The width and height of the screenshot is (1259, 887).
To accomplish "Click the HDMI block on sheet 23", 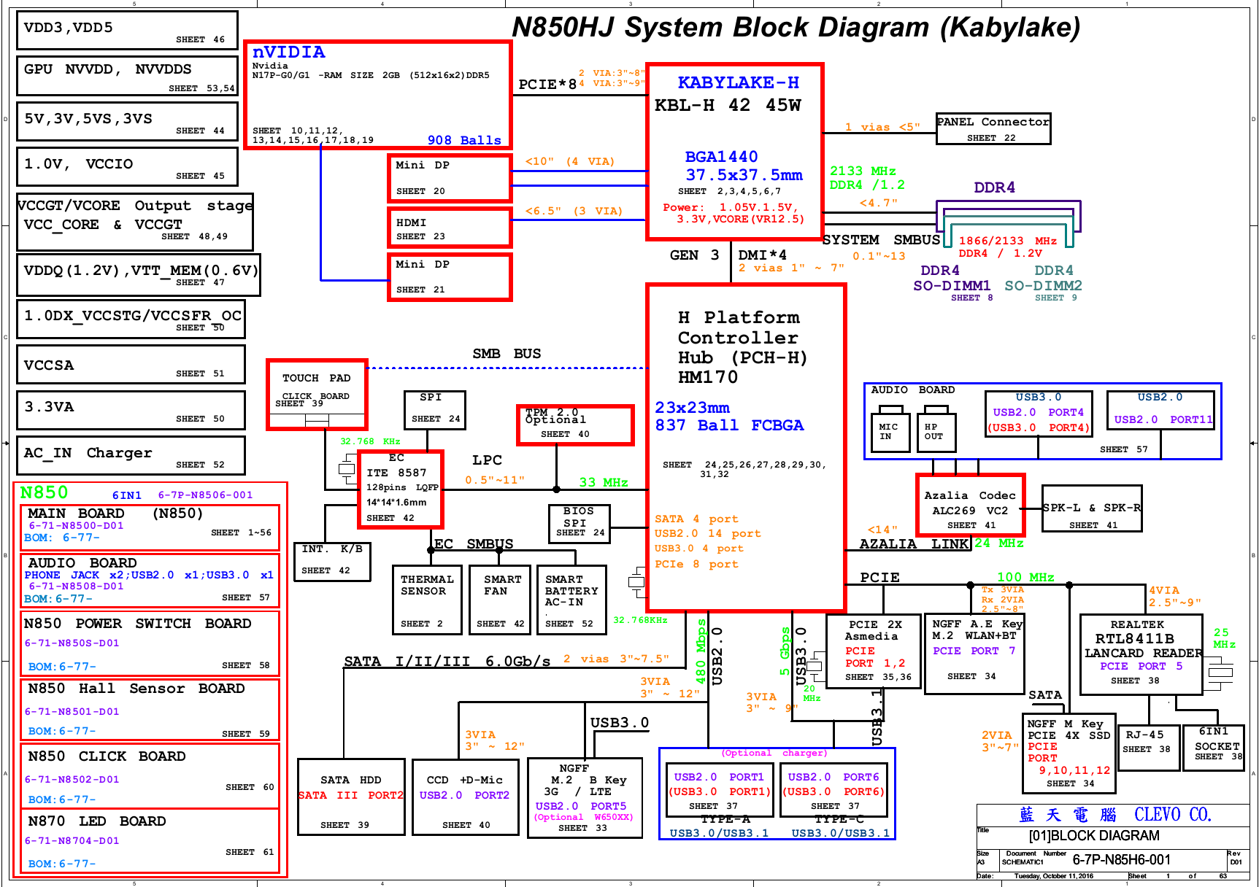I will (449, 228).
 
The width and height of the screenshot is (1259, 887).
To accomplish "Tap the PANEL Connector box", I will (993, 128).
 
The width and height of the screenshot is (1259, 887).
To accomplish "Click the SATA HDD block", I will (351, 797).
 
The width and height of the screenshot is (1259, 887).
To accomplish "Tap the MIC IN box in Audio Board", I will (888, 432).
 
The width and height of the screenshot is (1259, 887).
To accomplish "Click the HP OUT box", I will (934, 432).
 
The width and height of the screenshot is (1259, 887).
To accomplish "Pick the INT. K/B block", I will (332, 560).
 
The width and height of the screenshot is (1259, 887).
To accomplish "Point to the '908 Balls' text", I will (464, 140).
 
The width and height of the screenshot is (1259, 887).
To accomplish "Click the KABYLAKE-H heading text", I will (738, 83).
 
